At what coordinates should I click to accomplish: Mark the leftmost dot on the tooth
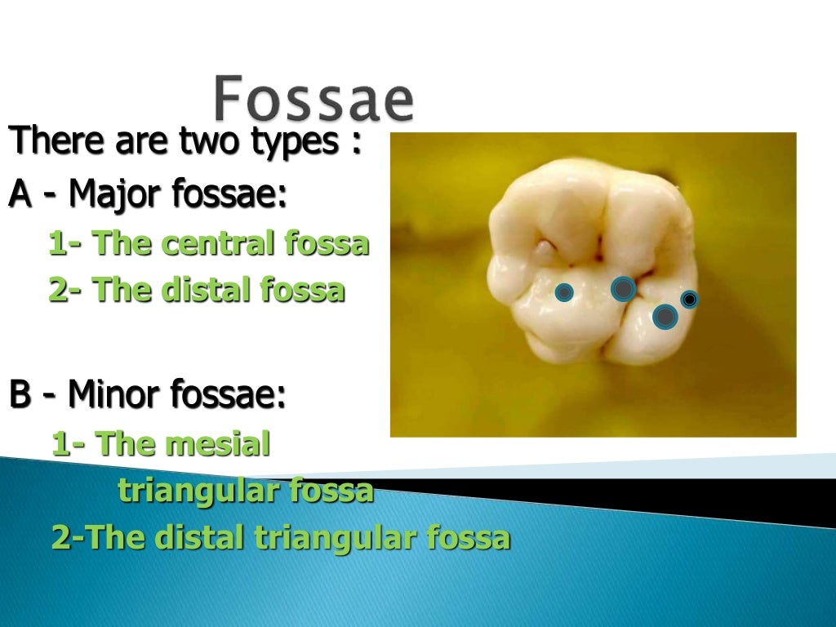point(564,292)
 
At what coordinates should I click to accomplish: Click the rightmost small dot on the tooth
point(689,300)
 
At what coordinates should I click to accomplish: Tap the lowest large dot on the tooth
point(665,316)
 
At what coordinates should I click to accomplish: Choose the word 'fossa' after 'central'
point(327,243)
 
